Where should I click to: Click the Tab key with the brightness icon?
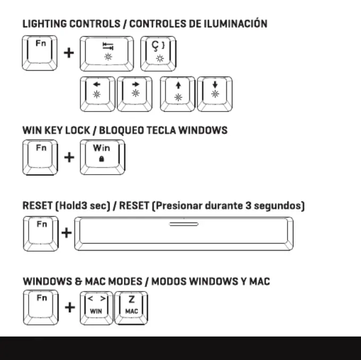(x=106, y=54)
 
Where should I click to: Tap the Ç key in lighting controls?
(x=158, y=54)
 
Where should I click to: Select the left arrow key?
(x=97, y=94)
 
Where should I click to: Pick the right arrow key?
(x=135, y=94)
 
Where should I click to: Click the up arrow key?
(x=178, y=94)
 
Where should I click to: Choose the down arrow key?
(x=215, y=94)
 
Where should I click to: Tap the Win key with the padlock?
(x=103, y=157)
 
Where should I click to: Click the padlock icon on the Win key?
(x=102, y=159)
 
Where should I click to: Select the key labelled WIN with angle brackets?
(x=96, y=308)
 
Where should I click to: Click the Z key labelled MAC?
(x=131, y=308)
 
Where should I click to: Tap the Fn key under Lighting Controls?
(x=39, y=53)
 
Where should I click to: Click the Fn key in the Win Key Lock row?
(x=40, y=158)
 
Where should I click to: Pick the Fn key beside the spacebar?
(x=41, y=234)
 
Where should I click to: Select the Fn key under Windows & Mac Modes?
(x=41, y=307)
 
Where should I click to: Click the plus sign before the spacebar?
(x=66, y=233)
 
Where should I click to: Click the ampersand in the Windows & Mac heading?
(x=79, y=281)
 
